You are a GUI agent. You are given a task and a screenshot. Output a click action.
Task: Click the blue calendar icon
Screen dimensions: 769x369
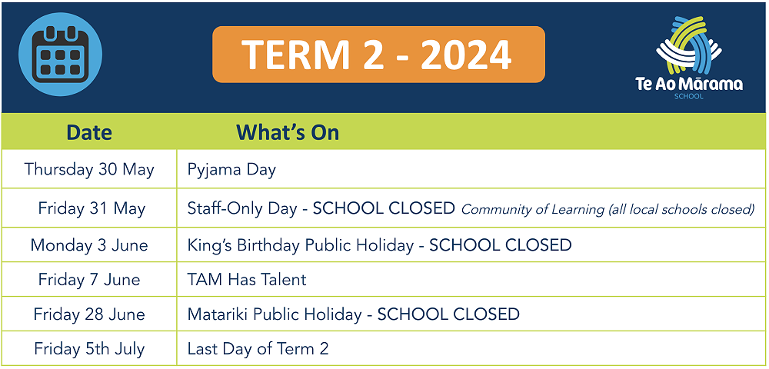point(60,54)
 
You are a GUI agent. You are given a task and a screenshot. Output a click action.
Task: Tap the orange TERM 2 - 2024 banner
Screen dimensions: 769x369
point(378,54)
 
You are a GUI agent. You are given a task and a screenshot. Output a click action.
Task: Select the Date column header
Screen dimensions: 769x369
point(89,132)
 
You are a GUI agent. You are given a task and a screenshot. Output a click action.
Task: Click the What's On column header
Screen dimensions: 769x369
point(288,132)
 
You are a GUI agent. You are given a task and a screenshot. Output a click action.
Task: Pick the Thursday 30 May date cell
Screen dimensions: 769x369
point(89,170)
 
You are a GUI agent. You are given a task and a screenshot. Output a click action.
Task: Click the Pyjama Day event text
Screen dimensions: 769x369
point(231,170)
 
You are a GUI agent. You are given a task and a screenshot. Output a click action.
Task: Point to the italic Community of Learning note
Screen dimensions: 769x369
point(608,210)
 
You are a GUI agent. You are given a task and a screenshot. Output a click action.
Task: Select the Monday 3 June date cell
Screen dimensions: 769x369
point(89,244)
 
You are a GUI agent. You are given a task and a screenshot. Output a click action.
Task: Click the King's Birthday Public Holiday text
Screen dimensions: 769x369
point(301,245)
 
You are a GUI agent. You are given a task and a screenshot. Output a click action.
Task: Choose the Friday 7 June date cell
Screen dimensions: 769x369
point(89,279)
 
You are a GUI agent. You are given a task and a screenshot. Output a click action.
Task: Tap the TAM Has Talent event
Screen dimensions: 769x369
point(247,279)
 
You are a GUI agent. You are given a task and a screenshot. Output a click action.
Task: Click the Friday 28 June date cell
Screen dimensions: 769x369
point(89,314)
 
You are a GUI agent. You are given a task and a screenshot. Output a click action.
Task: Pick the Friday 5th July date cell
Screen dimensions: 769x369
point(89,349)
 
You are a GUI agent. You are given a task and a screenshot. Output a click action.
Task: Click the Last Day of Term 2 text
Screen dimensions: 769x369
point(258,349)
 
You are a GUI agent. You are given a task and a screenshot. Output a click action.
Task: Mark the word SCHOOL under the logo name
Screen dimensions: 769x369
point(689,97)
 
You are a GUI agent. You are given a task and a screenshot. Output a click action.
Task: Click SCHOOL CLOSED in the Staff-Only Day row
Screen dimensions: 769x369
point(384,209)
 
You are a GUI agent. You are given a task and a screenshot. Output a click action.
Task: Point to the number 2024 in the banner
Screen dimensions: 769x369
point(466,55)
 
